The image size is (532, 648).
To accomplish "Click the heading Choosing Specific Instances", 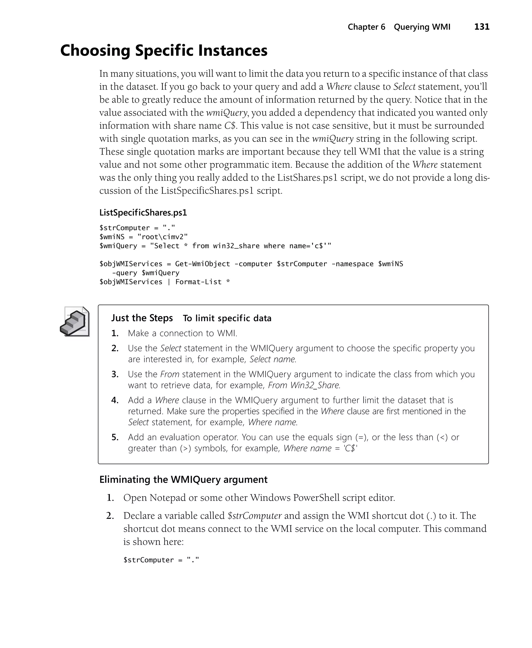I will [164, 51].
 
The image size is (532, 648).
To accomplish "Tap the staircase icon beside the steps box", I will [75, 322].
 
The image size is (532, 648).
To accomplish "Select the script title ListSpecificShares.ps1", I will [143, 213].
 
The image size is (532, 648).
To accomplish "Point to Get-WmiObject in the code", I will [202, 264].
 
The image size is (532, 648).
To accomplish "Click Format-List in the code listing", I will [198, 282].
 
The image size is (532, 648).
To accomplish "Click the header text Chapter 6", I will [366, 27].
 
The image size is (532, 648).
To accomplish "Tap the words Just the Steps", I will [142, 318].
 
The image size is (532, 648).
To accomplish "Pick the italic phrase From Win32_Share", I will [304, 385].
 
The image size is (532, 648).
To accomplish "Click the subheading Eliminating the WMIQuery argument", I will [183, 479].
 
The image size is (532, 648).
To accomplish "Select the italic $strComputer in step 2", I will [254, 516].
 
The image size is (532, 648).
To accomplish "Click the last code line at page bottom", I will [161, 560].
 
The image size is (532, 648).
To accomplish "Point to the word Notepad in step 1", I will [168, 498].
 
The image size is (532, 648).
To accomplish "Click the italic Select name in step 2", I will [272, 359].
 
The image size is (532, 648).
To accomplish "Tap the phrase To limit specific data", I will [227, 319].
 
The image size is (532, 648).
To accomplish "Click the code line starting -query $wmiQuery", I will [145, 273].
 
